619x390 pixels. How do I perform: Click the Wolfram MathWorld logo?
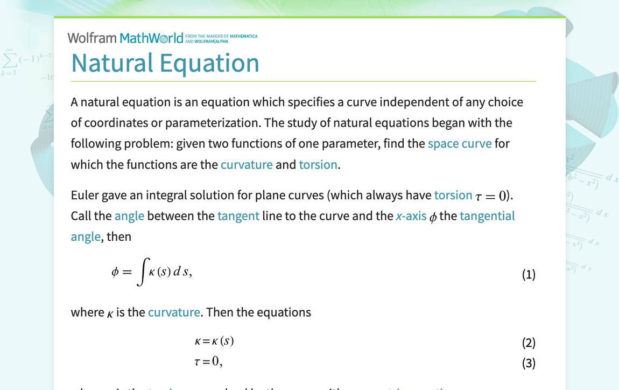[125, 38]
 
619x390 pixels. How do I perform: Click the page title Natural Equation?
[165, 62]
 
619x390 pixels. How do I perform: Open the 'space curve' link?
[459, 144]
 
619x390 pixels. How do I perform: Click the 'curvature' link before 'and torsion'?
[247, 164]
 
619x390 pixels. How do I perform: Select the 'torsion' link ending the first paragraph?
[318, 164]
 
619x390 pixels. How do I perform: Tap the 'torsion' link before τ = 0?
[453, 195]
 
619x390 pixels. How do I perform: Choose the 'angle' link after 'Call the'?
[129, 216]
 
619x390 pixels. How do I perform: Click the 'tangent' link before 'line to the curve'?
[238, 216]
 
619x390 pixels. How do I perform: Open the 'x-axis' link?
[411, 216]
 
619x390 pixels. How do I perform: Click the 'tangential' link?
[487, 216]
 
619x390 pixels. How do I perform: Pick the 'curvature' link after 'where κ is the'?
[174, 312]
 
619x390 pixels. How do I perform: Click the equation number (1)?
[529, 275]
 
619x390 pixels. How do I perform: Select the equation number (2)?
[529, 343]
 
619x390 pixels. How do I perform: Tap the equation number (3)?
[529, 363]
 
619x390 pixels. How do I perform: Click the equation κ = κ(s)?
[214, 341]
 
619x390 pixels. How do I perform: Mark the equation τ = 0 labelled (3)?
[208, 361]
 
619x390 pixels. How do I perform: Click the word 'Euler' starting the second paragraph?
[85, 195]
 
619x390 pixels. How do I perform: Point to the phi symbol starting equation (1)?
[115, 273]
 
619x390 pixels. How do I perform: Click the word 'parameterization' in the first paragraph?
[213, 123]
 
